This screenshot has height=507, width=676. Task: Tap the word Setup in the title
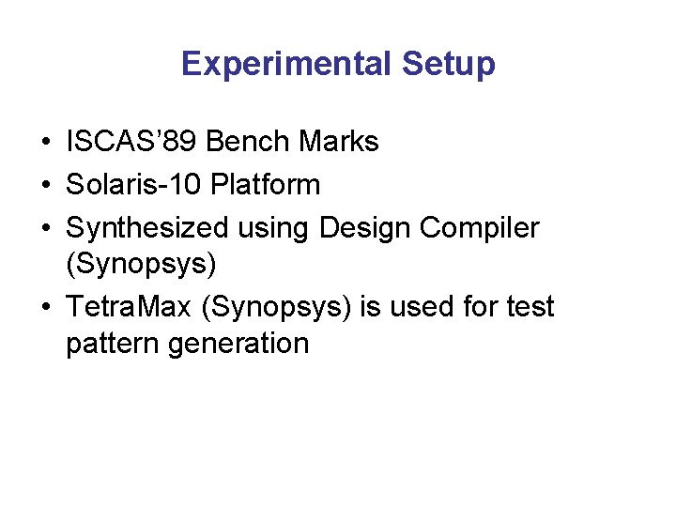(448, 64)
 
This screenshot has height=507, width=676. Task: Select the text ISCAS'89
(131, 142)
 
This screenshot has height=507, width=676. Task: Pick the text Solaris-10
(134, 185)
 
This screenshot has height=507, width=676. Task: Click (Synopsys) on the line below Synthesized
(141, 265)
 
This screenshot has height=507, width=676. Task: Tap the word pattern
(113, 344)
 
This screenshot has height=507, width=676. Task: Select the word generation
(238, 344)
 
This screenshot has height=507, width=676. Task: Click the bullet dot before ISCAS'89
(45, 143)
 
